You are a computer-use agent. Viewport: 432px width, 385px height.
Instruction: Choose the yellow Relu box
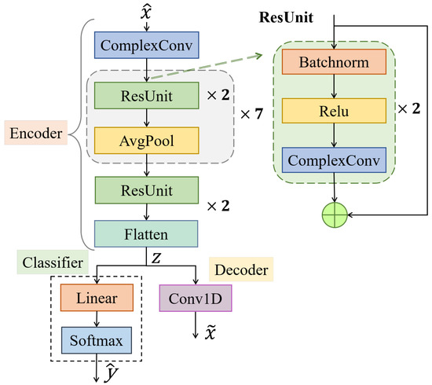[335, 112]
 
